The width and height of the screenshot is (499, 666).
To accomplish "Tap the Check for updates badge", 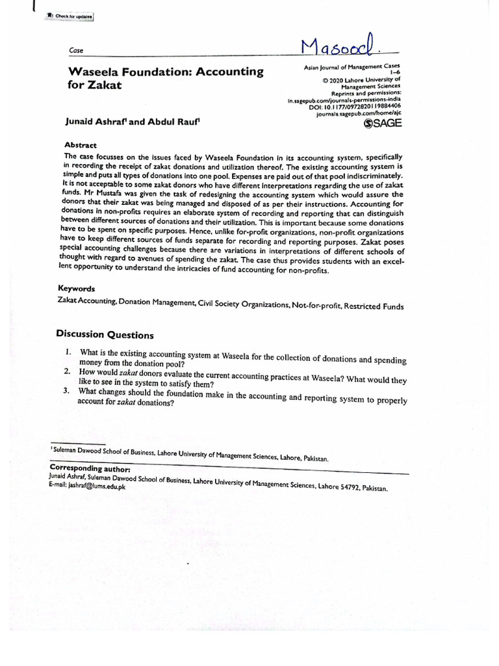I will coord(70,16).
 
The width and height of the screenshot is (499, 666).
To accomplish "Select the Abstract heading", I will coord(81,146).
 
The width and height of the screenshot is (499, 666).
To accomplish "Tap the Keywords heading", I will coord(77,288).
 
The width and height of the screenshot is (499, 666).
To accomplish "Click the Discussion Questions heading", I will coord(105,335).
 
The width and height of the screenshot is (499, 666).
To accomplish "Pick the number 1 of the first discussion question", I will coord(67,352).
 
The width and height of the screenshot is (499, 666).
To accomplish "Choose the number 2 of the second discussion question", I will coord(66,371).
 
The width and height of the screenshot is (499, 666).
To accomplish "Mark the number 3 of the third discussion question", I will coord(66,391).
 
